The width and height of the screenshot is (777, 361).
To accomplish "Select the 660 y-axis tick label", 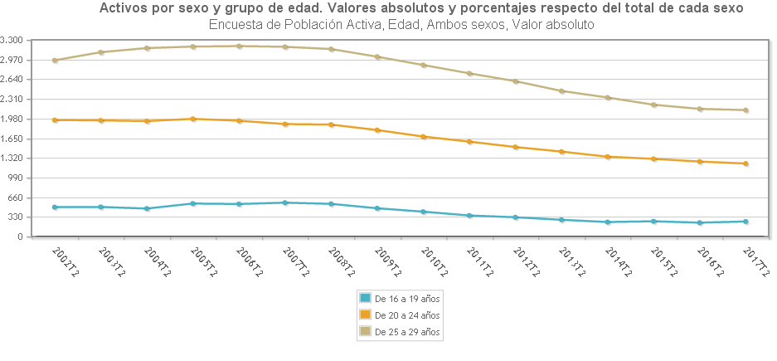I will point(16,198).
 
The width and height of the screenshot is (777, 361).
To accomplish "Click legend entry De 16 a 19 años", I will point(407,297).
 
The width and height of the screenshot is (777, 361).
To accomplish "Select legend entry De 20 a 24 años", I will point(407,315).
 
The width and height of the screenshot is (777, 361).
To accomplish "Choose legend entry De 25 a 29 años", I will point(407,332).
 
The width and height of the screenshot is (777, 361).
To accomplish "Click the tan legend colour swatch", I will point(364,332).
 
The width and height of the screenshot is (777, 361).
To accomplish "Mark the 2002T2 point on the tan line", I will point(55,60).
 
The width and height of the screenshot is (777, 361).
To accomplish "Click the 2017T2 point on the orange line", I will point(746,163).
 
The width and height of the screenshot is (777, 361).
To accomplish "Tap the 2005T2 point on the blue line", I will point(193,203).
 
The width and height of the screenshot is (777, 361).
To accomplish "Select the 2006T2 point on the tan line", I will point(239,46).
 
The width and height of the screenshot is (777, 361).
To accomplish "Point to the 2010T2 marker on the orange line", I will point(424,136).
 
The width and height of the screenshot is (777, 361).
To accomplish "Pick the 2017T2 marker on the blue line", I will point(746,222).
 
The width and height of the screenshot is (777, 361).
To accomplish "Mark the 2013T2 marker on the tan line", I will point(562,90).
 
